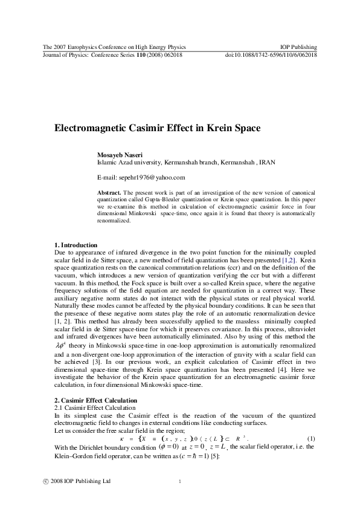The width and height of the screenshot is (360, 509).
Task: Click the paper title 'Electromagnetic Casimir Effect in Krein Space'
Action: (158, 129)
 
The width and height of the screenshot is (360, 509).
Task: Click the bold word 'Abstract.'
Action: (109, 192)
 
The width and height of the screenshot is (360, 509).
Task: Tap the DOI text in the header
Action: (271, 54)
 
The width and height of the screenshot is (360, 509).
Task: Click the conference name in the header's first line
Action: (114, 47)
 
